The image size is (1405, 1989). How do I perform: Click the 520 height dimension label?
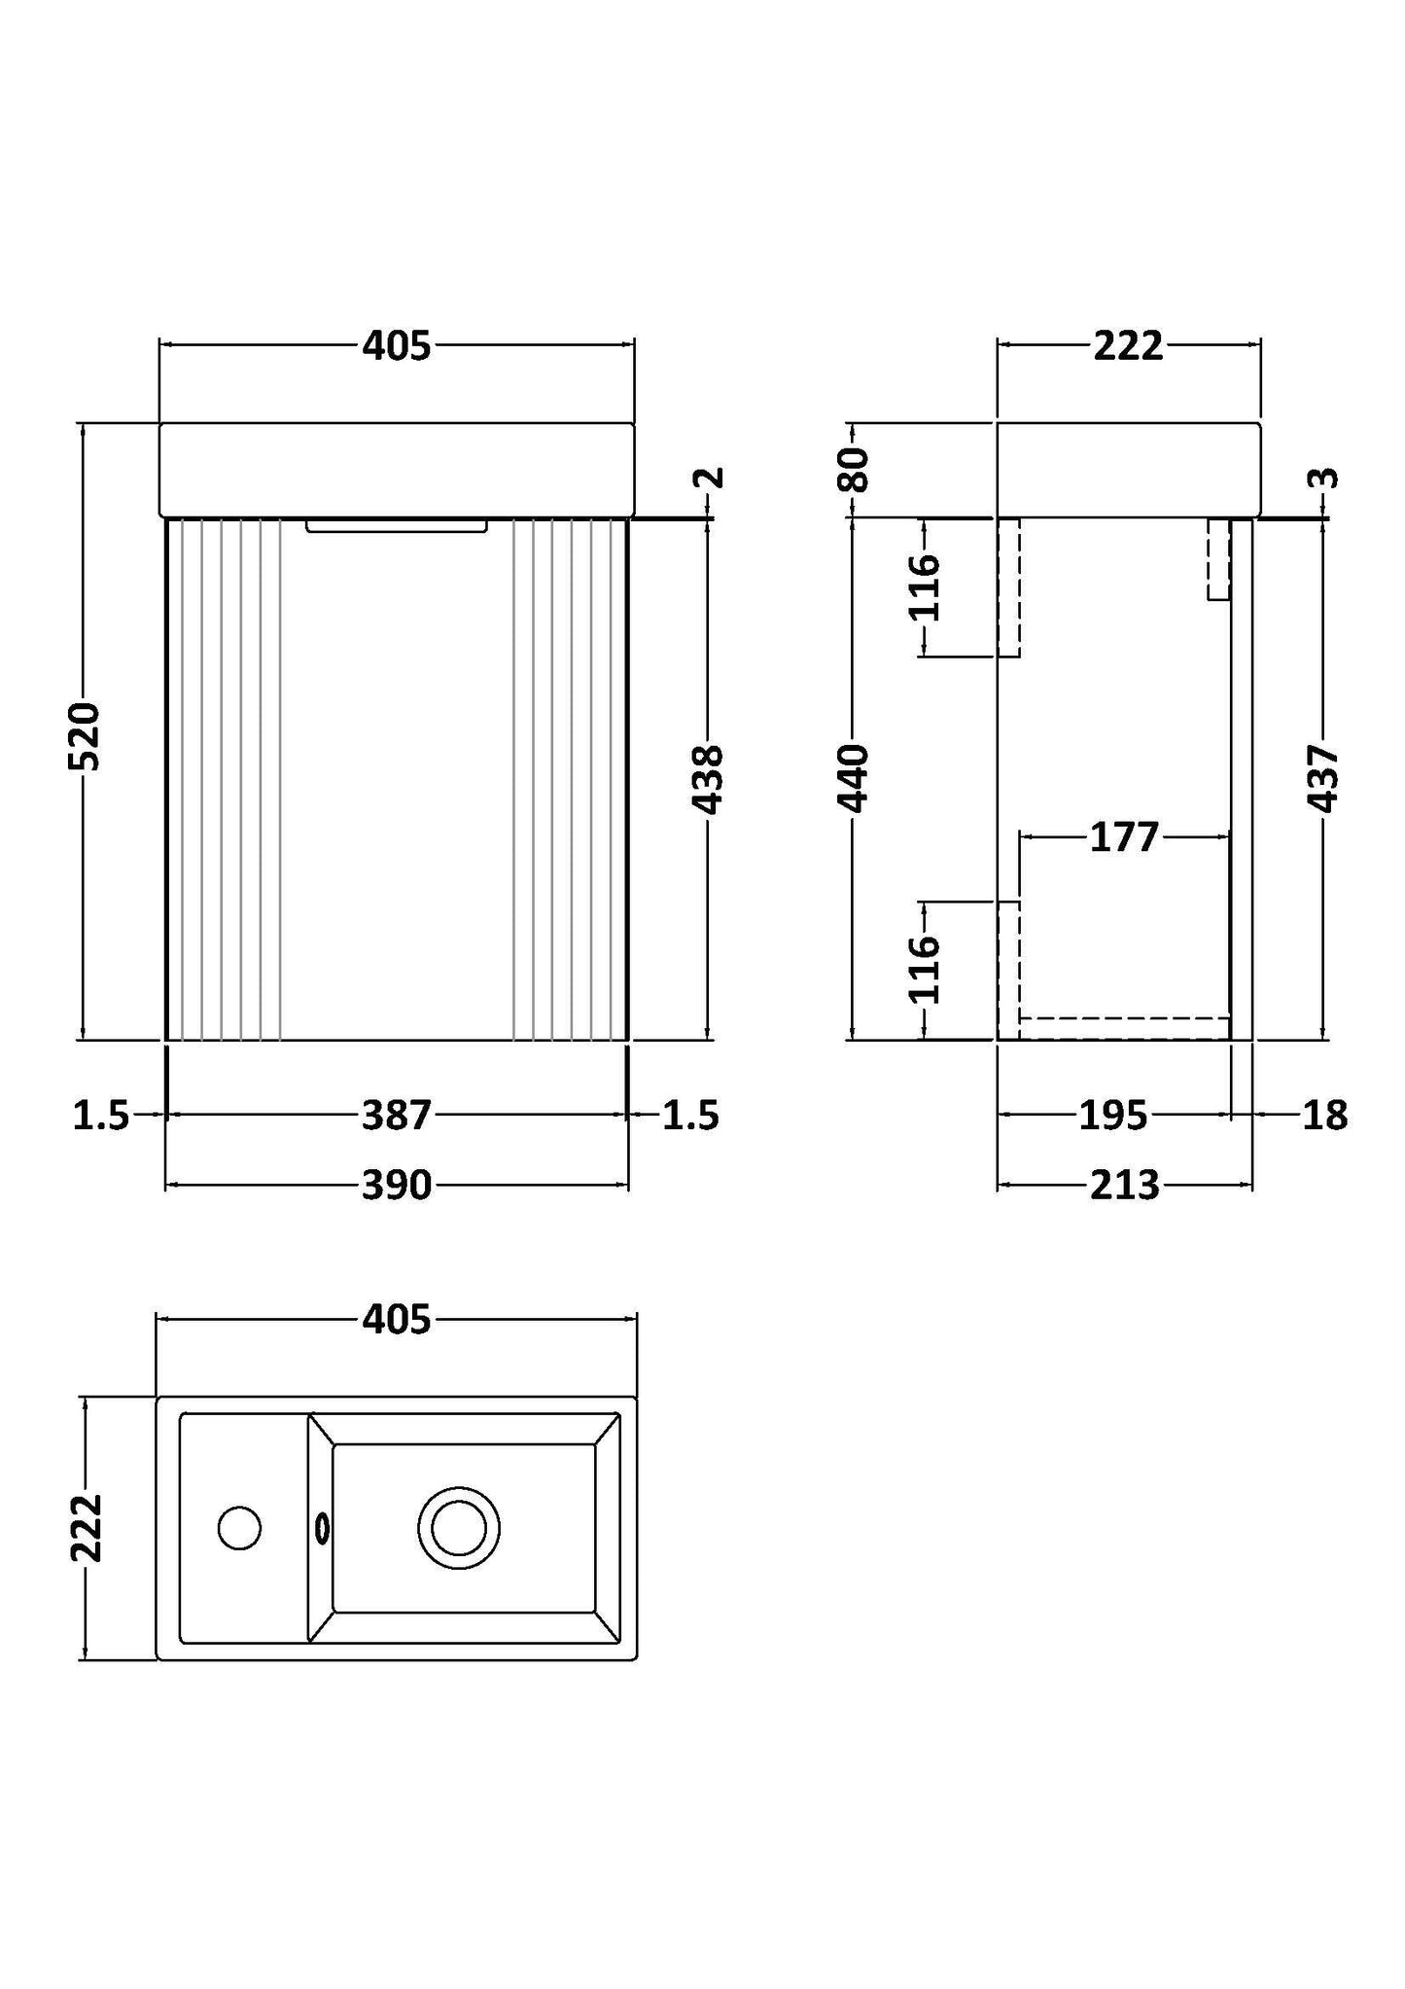click(x=86, y=735)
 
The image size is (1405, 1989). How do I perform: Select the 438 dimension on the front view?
click(x=707, y=779)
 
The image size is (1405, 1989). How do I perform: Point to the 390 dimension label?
click(x=396, y=1185)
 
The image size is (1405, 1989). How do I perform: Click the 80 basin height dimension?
click(x=853, y=470)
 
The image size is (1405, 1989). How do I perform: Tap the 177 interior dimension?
click(x=1124, y=836)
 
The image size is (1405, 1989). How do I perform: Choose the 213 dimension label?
click(x=1124, y=1185)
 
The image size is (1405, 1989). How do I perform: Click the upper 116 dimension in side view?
click(x=923, y=587)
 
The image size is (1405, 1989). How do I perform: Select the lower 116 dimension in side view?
click(x=923, y=970)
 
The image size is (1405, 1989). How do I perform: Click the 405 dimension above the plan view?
click(x=396, y=1320)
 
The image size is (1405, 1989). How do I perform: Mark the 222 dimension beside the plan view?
click(x=86, y=1527)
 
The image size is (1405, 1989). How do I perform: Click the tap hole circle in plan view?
click(x=239, y=1528)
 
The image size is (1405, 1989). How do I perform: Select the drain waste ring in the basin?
click(x=459, y=1528)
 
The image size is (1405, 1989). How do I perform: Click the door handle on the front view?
click(x=396, y=526)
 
